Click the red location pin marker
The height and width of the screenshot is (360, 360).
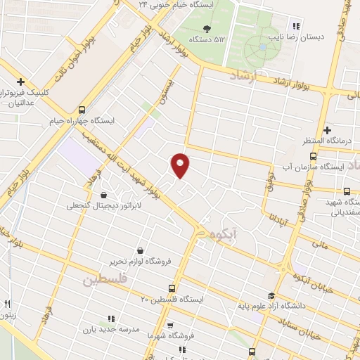(181, 165)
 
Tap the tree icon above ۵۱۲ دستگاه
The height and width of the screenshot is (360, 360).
(207, 28)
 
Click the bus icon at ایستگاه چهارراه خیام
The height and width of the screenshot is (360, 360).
(82, 109)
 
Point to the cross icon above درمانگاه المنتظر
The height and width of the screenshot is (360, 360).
(328, 130)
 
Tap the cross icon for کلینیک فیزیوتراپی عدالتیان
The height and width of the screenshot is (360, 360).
(21, 82)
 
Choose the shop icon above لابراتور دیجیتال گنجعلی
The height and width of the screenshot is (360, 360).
(104, 195)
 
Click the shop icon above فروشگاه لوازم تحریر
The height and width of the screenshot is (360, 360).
(140, 250)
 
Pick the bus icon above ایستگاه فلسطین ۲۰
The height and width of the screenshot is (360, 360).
(172, 288)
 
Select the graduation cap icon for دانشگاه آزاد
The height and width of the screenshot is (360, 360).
(271, 296)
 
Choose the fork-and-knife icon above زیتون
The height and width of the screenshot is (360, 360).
(7, 304)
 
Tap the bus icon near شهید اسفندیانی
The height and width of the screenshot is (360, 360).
(347, 191)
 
